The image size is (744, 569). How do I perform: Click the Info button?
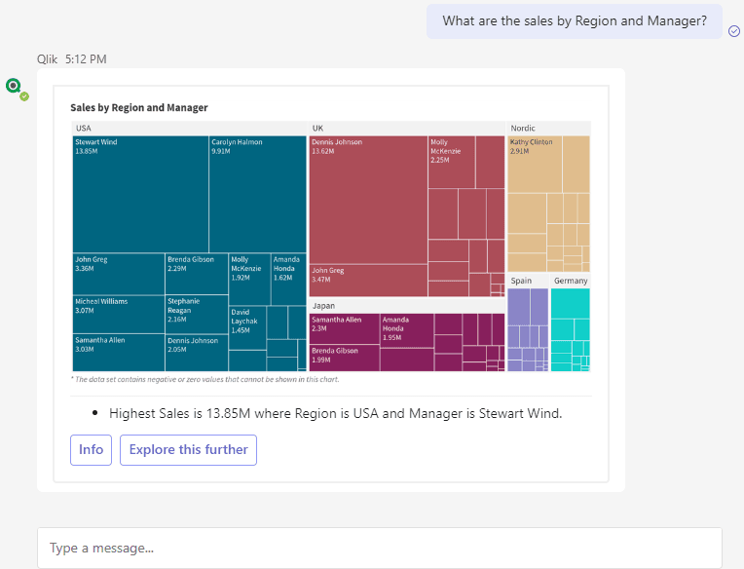click(91, 450)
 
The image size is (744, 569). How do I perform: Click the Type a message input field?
click(380, 549)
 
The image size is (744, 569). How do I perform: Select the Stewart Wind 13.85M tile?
click(140, 194)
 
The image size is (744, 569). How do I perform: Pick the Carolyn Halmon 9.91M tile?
click(258, 194)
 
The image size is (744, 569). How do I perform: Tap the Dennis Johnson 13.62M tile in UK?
click(368, 200)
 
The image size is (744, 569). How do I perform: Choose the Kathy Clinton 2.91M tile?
click(535, 165)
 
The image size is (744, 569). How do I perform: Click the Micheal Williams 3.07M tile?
click(119, 314)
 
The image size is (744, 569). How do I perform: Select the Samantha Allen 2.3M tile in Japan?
click(345, 329)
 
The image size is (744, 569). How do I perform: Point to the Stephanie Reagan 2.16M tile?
click(197, 314)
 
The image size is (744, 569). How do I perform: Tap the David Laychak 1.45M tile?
click(247, 328)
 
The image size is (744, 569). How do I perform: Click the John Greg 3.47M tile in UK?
click(368, 281)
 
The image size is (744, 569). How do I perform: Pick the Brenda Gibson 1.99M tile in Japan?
click(345, 359)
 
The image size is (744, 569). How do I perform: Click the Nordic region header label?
click(523, 129)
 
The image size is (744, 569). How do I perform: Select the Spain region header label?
click(521, 281)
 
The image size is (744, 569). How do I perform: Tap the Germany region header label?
click(571, 281)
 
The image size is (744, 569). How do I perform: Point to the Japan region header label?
click(323, 306)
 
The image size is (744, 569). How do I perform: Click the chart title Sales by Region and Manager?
click(139, 108)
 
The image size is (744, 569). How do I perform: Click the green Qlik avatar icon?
click(14, 86)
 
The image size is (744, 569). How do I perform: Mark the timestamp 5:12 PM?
click(86, 59)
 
